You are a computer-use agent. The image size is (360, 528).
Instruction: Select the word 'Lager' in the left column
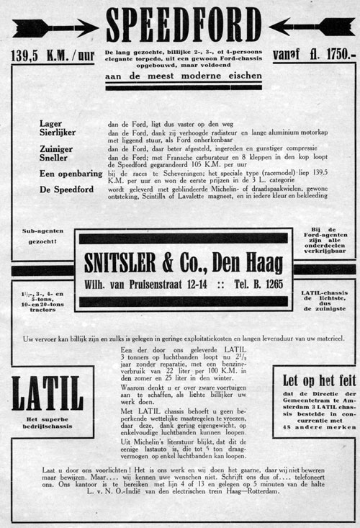tap(52, 124)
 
